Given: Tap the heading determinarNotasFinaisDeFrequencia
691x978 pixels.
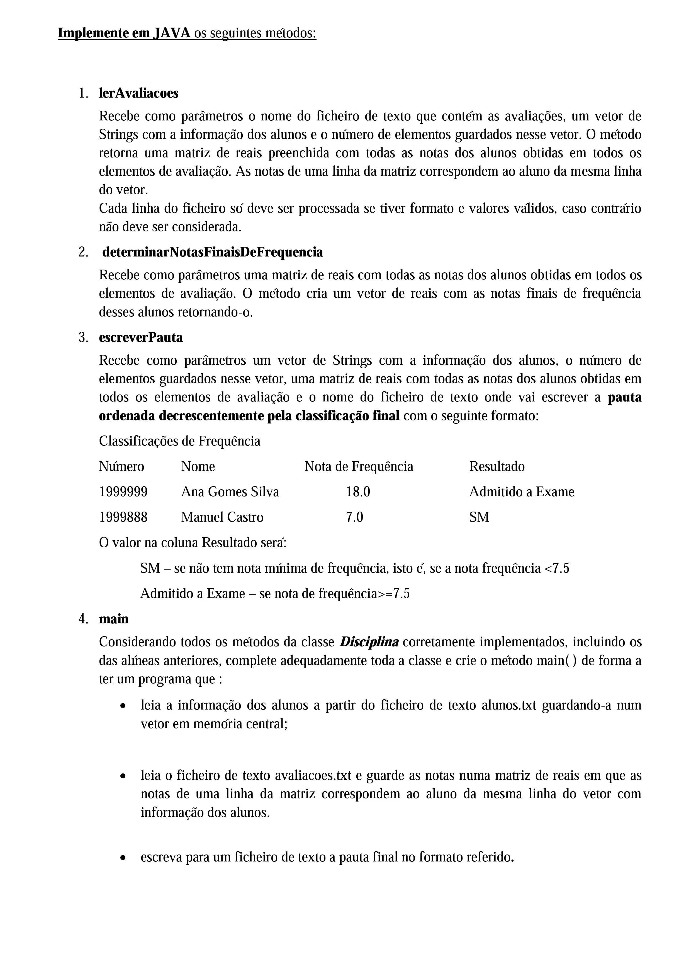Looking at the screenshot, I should pos(212,252).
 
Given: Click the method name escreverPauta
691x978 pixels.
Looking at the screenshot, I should pos(141,337).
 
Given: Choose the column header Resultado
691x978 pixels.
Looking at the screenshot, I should pos(497,466).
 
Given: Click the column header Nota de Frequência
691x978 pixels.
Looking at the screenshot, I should pos(359,466).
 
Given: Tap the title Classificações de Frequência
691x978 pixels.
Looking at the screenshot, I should pos(179,441).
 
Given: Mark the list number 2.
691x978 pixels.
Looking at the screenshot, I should pos(83,252).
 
